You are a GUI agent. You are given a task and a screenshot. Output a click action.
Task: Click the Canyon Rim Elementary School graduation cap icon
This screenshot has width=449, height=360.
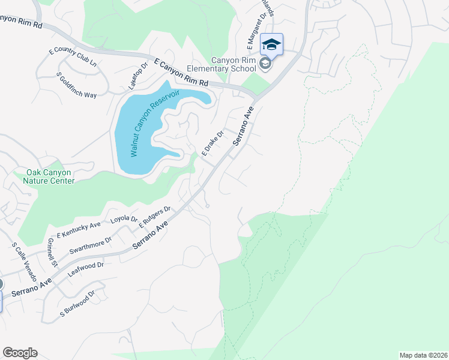click(x=271, y=45)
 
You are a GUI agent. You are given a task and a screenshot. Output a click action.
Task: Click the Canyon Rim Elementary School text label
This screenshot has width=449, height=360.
click(x=234, y=64)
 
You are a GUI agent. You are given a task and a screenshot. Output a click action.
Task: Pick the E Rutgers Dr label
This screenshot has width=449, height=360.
click(x=155, y=217)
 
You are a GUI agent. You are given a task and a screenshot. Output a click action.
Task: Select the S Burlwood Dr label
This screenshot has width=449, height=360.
click(x=77, y=304)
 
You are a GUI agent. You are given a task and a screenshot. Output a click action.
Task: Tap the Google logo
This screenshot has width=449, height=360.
click(x=20, y=353)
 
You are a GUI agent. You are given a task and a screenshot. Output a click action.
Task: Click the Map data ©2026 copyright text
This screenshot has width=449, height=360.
click(x=423, y=355)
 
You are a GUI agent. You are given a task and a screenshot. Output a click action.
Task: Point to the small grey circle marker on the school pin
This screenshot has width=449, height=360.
click(x=266, y=65)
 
